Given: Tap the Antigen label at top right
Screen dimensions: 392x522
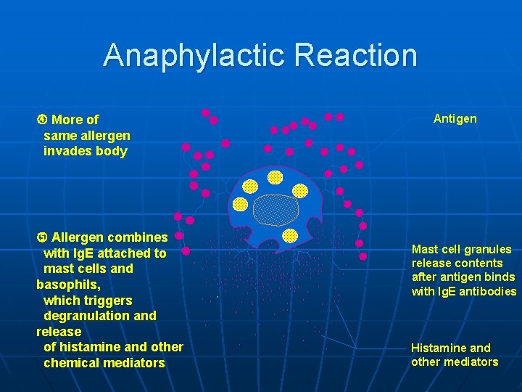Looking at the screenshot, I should (x=455, y=118).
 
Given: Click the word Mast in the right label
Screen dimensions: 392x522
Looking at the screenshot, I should (x=425, y=249).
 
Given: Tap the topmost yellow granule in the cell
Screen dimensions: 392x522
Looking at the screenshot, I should (x=275, y=177).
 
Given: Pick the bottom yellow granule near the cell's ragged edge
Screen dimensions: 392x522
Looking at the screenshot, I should (x=290, y=235).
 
